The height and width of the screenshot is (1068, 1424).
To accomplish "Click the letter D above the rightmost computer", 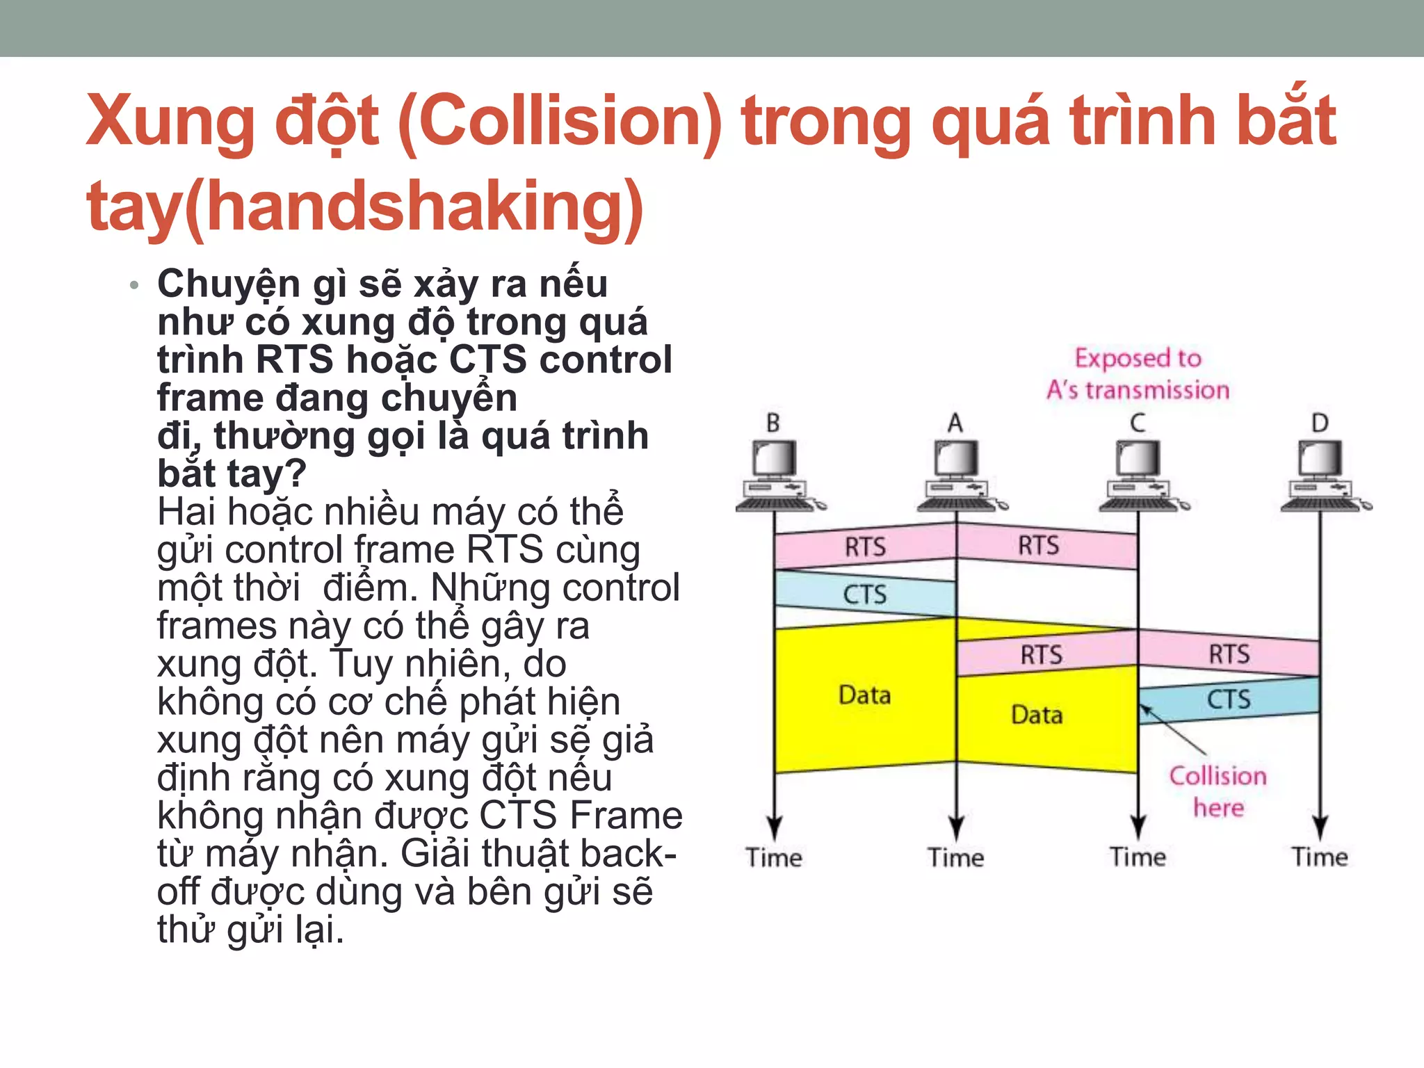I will pos(1320,423).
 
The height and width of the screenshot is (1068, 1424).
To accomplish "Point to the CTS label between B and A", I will pos(865,594).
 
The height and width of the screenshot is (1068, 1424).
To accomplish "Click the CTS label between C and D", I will pos(1229,699).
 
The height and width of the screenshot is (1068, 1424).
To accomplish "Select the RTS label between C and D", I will pos(1229,654).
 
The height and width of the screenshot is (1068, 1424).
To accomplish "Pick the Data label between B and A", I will pos(864,695).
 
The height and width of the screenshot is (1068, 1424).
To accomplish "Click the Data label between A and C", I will pos(1037,715).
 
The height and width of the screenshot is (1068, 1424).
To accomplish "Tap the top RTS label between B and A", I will pos(865,547).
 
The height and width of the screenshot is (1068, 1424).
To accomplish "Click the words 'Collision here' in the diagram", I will pos(1218,791).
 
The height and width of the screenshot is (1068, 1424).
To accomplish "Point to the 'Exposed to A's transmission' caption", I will pos(1138,374).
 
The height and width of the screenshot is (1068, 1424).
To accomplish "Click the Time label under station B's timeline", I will pos(774,857).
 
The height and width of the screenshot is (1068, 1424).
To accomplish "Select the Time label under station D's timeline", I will pos(1320,857).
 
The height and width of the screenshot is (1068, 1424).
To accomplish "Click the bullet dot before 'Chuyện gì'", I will pos(134,285).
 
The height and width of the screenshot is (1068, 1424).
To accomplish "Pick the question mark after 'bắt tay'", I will pos(296,474).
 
